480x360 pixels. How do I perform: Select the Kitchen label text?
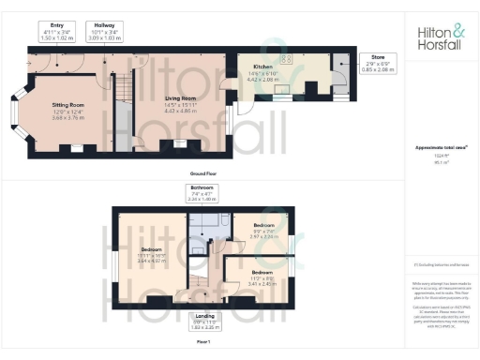(x=263, y=67)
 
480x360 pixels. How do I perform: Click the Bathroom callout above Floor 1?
(x=202, y=193)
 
